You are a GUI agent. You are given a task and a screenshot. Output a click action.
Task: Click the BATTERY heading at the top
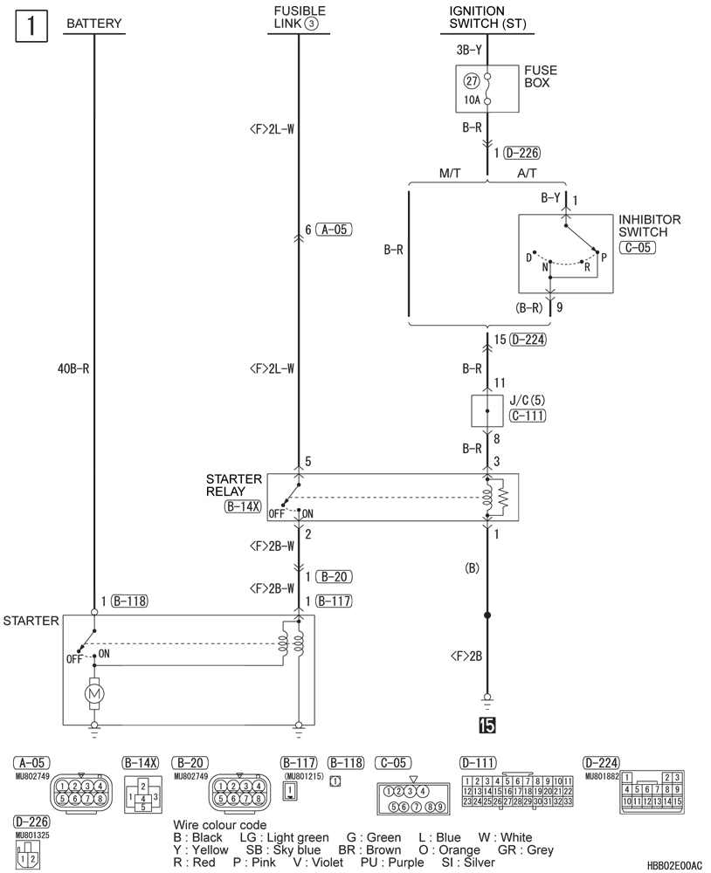93,24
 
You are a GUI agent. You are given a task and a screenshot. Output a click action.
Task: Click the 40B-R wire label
73,368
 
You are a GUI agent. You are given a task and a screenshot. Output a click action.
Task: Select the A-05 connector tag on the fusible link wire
333,230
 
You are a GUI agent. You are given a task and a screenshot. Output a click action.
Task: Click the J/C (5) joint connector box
487,409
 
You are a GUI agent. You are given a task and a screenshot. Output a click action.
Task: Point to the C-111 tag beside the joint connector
527,416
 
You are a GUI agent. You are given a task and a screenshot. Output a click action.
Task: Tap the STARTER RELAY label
234,485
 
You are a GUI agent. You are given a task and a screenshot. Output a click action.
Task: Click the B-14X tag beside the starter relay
243,505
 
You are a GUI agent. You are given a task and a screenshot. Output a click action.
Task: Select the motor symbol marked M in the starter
93,694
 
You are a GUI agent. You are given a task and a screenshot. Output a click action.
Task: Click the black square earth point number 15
487,725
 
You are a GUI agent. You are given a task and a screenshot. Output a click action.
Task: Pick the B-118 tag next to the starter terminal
128,601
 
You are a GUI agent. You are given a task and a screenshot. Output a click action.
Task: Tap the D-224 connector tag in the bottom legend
603,762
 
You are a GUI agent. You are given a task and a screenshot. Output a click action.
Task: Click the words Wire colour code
219,825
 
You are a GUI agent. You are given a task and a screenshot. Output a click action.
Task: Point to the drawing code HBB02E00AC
674,864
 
